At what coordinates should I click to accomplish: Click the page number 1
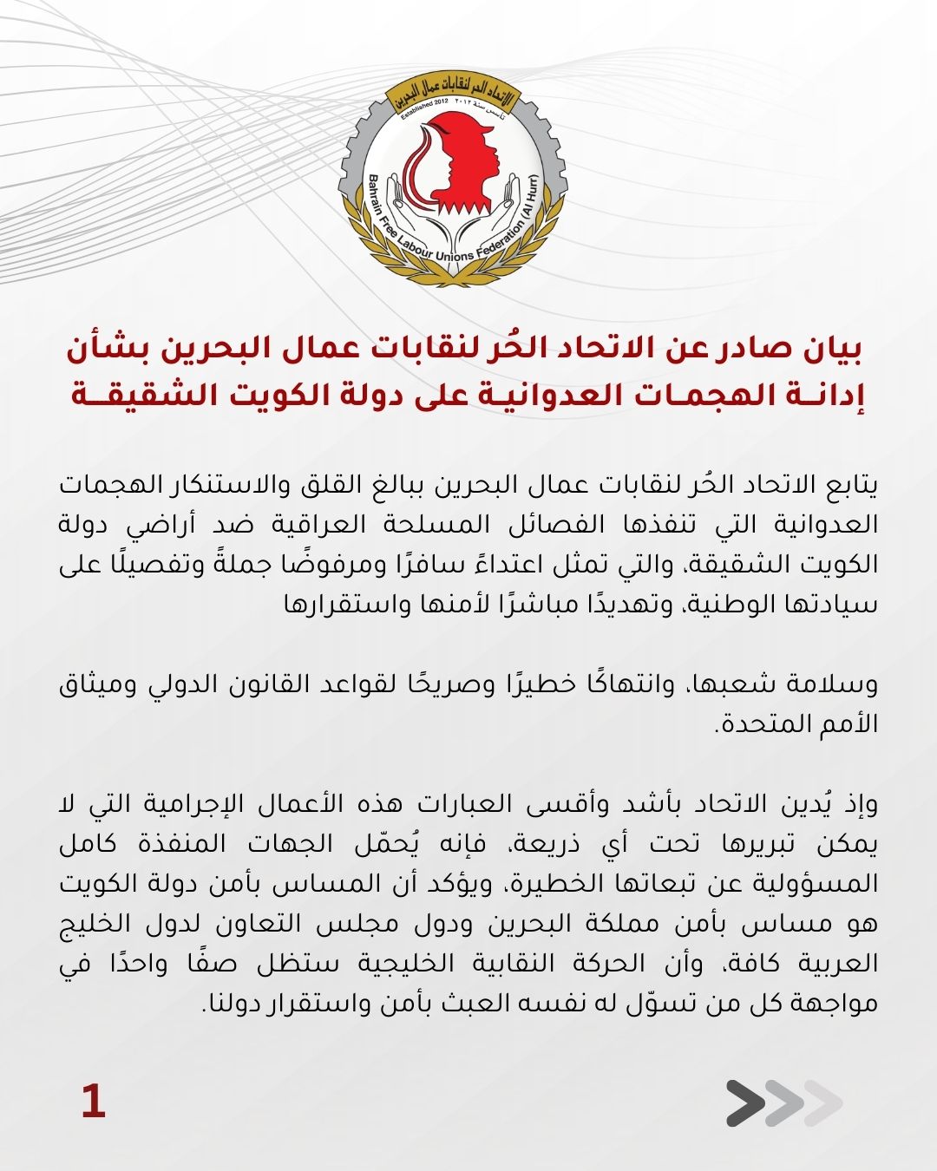[93, 1102]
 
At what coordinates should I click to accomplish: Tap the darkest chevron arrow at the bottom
[745, 1103]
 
